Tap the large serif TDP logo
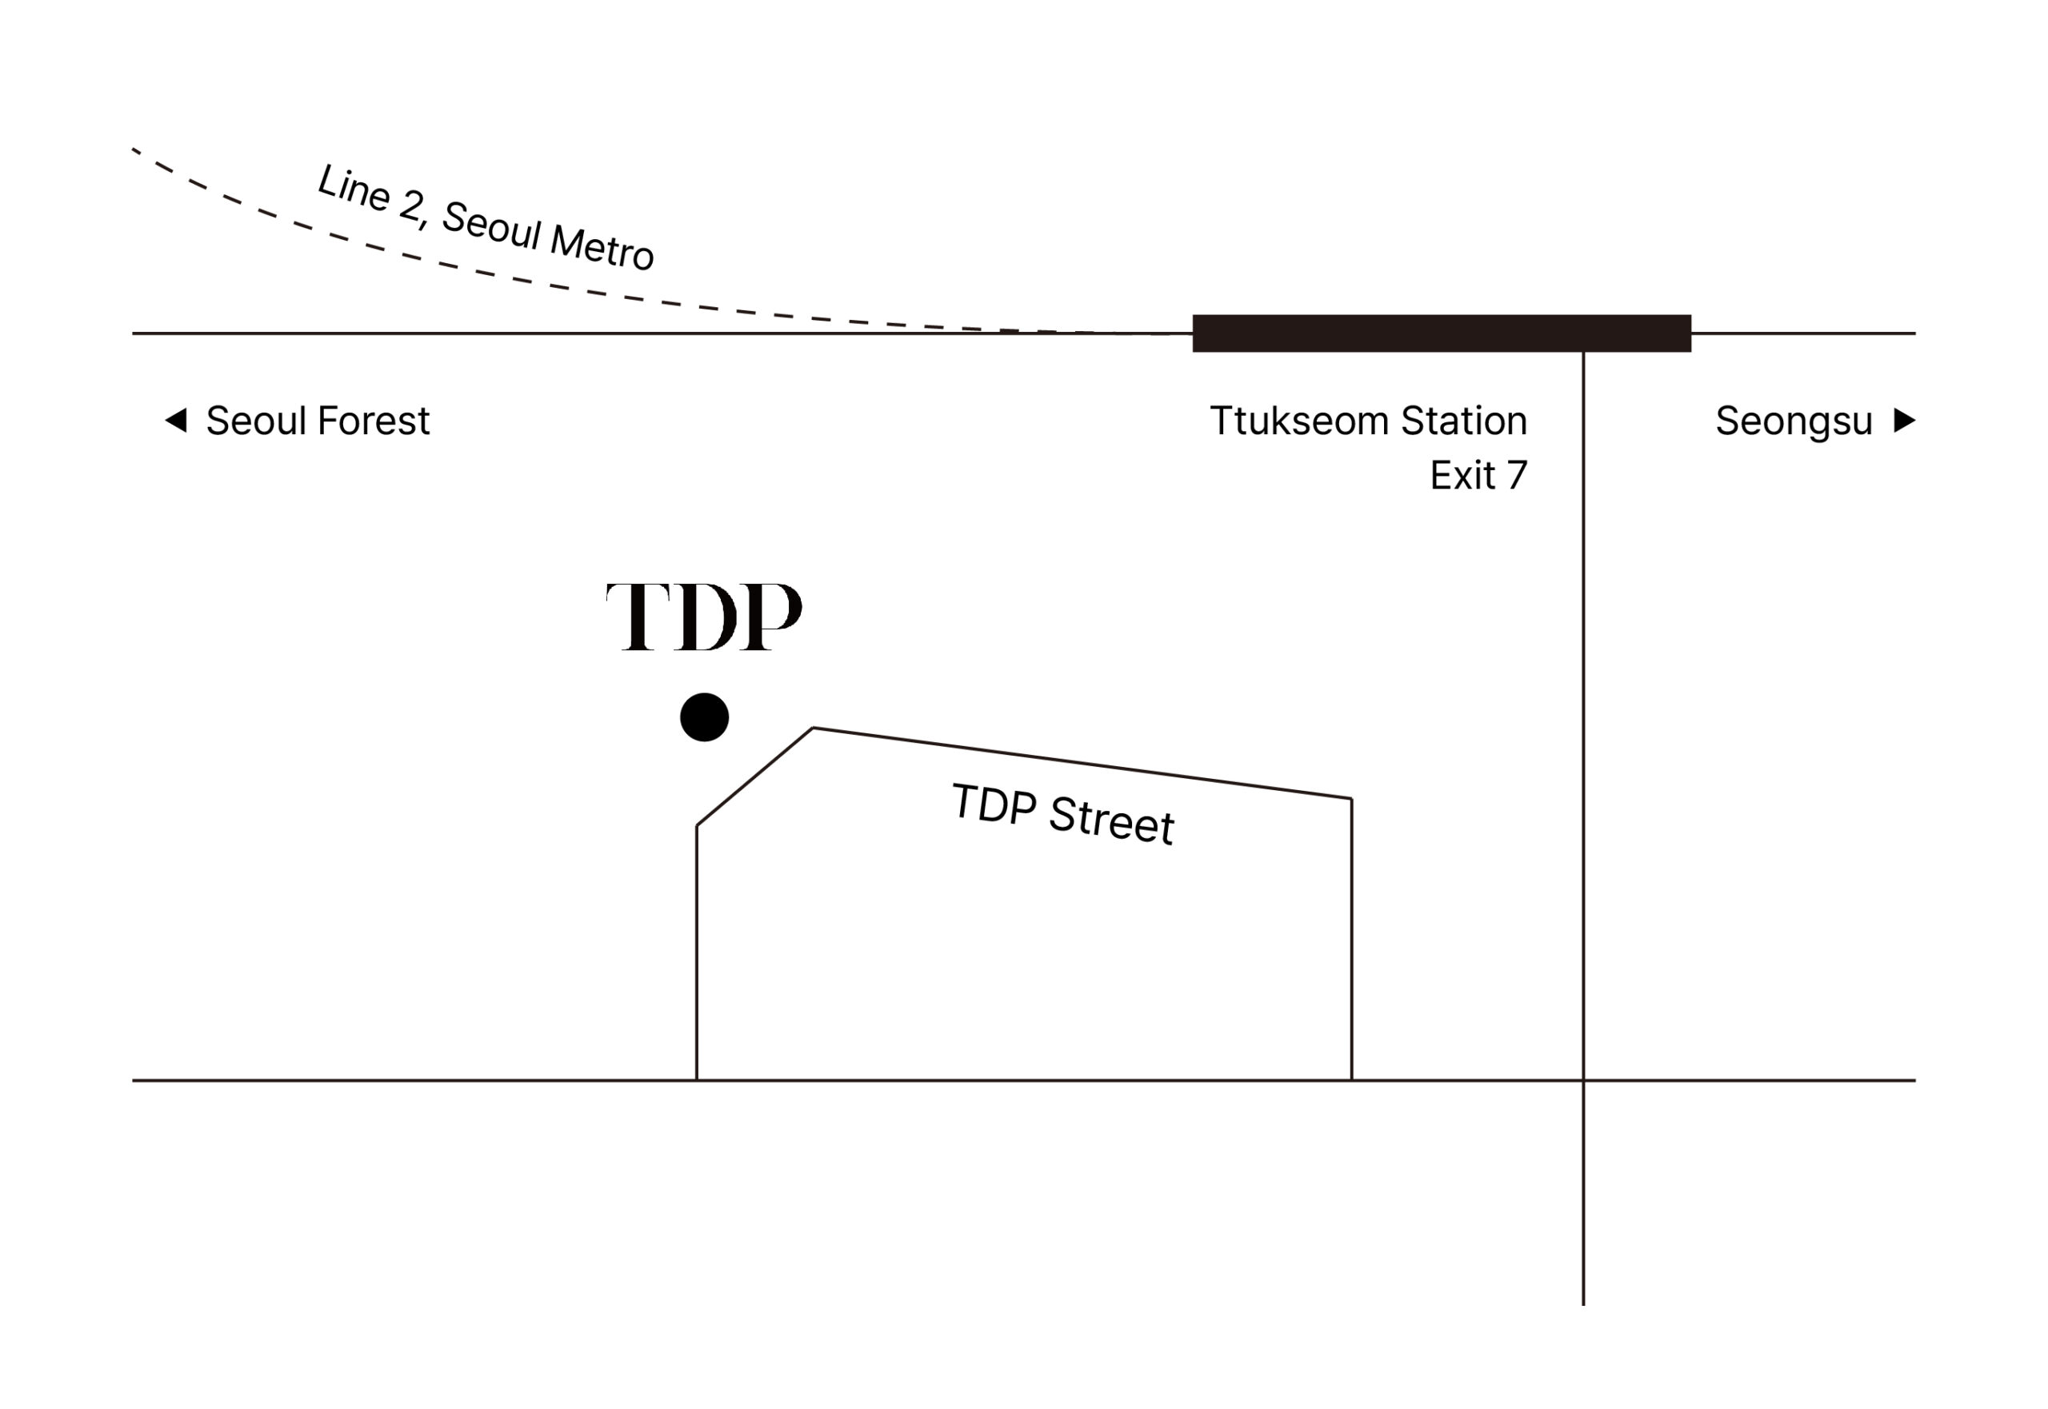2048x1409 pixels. pos(704,617)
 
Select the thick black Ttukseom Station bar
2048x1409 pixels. pos(1442,333)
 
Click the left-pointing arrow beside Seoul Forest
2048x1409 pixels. pos(176,421)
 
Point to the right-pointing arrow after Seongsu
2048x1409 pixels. pos(1905,421)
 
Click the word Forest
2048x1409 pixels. pos(373,421)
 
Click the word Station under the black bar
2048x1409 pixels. pos(1464,421)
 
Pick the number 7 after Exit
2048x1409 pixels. pos(1518,476)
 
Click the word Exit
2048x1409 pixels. pos(1462,476)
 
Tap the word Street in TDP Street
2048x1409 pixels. pos(1111,820)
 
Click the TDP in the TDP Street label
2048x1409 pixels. pos(994,804)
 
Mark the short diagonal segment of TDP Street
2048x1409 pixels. pos(754,777)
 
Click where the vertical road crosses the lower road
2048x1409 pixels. pos(1583,1080)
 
